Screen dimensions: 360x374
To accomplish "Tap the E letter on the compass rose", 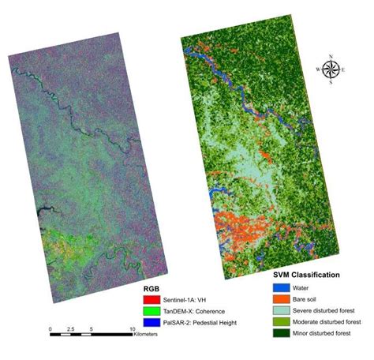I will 345,70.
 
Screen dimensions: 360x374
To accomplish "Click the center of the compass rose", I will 331,70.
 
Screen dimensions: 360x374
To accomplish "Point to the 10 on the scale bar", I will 132,328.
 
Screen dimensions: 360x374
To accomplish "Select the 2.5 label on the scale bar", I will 70,328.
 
